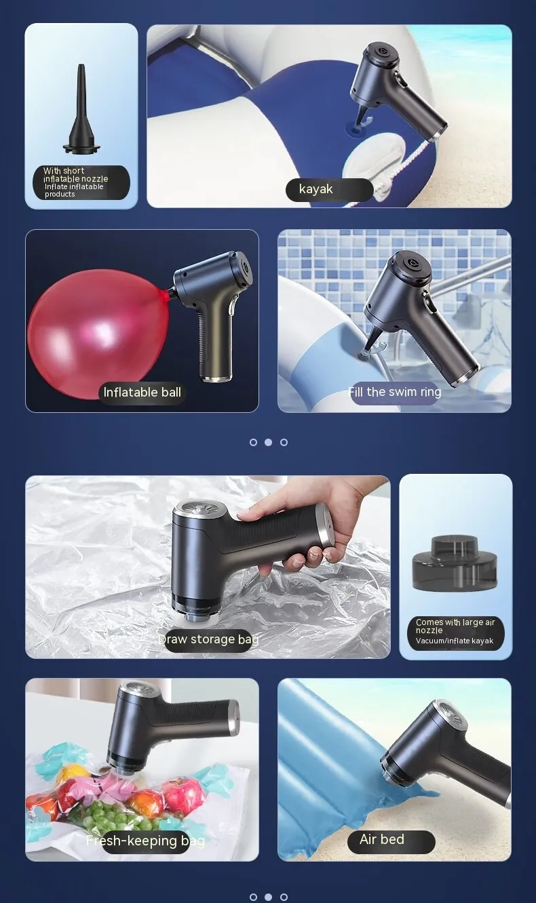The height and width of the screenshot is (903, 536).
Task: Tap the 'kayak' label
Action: tap(315, 188)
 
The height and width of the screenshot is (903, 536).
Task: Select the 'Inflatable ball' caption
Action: tap(142, 393)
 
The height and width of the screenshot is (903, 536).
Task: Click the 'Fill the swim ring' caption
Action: tap(394, 392)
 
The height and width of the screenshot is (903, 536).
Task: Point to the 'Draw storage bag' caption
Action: tap(208, 639)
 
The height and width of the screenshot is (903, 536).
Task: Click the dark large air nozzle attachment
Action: tap(455, 561)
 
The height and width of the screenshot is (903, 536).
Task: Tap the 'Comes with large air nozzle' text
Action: tap(455, 626)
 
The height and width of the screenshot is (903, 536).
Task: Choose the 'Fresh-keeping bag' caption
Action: tap(145, 841)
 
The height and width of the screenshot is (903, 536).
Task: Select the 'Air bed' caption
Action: tap(381, 839)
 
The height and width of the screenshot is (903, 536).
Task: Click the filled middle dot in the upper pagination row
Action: tap(268, 442)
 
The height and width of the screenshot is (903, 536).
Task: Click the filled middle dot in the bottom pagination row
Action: tap(268, 897)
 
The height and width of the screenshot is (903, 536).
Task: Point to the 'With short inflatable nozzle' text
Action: tap(75, 174)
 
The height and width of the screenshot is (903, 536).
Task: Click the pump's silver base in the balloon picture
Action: tap(216, 378)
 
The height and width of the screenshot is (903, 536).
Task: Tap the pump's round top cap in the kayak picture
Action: tap(381, 52)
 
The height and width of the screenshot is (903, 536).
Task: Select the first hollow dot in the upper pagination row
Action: tap(253, 442)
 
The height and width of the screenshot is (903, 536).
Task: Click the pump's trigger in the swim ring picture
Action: tap(429, 303)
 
